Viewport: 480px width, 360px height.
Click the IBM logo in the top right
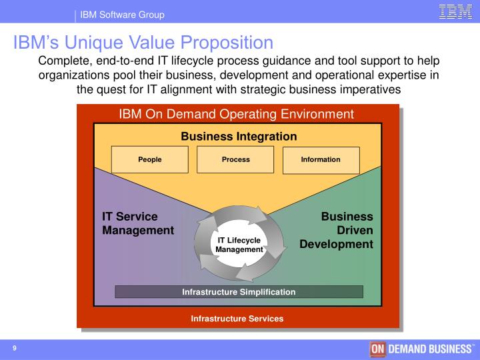tap(456, 12)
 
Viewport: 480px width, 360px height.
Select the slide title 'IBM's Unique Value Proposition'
tap(143, 43)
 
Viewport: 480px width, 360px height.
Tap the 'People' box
tap(150, 159)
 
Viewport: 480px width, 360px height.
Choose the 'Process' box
tap(235, 159)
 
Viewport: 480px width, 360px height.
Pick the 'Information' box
tap(321, 159)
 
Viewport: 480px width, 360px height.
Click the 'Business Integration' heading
tap(239, 136)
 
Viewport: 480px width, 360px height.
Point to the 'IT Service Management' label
tap(137, 223)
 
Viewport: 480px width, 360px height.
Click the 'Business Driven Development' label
tap(337, 230)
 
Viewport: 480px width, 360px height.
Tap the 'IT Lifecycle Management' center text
tap(239, 245)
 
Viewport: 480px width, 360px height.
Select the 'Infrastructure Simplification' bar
tap(239, 291)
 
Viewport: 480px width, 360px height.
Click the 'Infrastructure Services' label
tap(237, 319)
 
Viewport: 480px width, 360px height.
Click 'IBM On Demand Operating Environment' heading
tap(236, 114)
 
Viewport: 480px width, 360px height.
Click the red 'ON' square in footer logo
tap(377, 350)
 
